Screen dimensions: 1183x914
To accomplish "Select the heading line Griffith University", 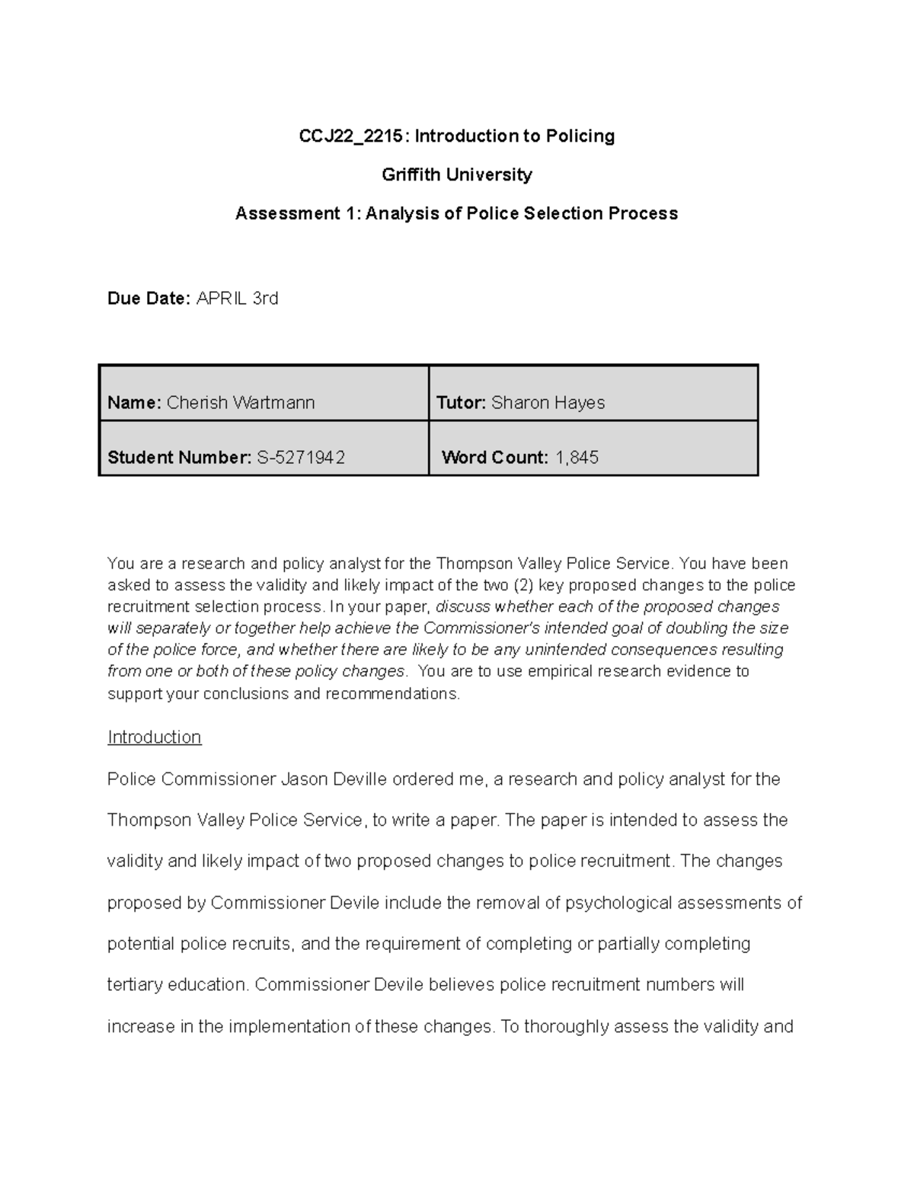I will pyautogui.click(x=456, y=175).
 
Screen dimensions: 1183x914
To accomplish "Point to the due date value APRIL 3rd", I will pyautogui.click(x=238, y=299).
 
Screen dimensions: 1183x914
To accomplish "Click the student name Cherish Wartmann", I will pyautogui.click(x=241, y=403).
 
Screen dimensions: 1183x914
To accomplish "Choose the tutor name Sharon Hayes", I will pyautogui.click(x=548, y=403).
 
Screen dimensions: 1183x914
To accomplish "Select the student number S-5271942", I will pyautogui.click(x=301, y=458).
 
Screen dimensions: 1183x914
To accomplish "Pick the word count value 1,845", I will pyautogui.click(x=577, y=458).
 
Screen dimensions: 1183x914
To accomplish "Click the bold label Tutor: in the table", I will pyautogui.click(x=461, y=403).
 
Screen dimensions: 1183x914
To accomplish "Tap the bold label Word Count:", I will pyautogui.click(x=495, y=458).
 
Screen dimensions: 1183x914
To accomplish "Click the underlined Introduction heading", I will pyautogui.click(x=155, y=737).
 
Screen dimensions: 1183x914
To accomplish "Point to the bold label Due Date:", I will pyautogui.click(x=149, y=299).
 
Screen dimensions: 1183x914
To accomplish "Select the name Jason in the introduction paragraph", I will pyautogui.click(x=302, y=779).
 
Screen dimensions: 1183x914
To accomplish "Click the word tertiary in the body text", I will pyautogui.click(x=134, y=985).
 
